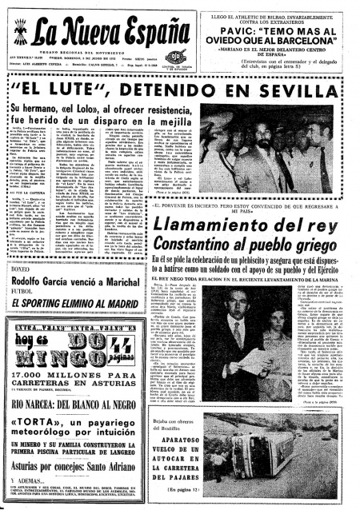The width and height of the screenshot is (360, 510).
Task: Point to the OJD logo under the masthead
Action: coord(175,57)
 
